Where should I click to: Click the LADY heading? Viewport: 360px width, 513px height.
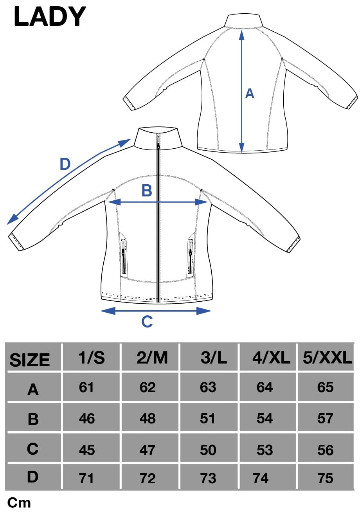pyautogui.click(x=50, y=16)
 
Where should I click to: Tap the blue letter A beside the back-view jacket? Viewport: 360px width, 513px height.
pyautogui.click(x=250, y=94)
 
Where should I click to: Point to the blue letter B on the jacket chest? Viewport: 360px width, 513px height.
pyautogui.click(x=147, y=191)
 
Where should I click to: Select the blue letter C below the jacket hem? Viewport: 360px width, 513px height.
pyautogui.click(x=147, y=321)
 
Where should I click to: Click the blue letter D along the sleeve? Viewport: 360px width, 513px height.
pyautogui.click(x=65, y=164)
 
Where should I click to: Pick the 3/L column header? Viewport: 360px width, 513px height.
pyautogui.click(x=213, y=357)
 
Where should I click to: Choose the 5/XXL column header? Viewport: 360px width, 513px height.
pyautogui.click(x=327, y=357)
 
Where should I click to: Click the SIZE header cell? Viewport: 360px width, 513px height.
pyautogui.click(x=29, y=360)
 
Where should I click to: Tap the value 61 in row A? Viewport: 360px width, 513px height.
pyautogui.click(x=86, y=387)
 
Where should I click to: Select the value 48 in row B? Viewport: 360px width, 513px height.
pyautogui.click(x=148, y=418)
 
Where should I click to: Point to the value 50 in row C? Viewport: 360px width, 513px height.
pyautogui.click(x=208, y=450)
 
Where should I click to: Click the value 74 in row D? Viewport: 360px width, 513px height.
pyautogui.click(x=261, y=478)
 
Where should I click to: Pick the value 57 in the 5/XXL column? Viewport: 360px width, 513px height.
pyautogui.click(x=325, y=418)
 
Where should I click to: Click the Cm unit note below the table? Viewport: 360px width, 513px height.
pyautogui.click(x=19, y=503)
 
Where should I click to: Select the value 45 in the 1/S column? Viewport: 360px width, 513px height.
pyautogui.click(x=87, y=450)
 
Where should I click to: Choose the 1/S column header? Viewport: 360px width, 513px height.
pyautogui.click(x=92, y=357)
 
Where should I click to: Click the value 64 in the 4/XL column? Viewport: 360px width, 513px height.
pyautogui.click(x=265, y=387)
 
